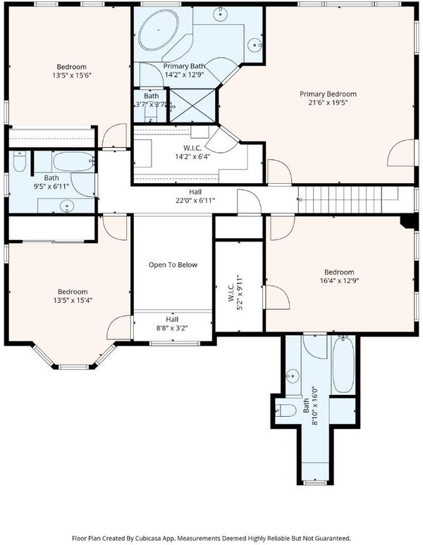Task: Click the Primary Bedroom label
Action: (x=328, y=94)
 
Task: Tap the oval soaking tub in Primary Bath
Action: (x=159, y=30)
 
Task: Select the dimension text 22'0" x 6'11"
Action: (x=195, y=200)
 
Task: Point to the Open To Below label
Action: (x=173, y=265)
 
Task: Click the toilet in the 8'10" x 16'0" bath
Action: (x=286, y=411)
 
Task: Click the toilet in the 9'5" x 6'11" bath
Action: (x=20, y=162)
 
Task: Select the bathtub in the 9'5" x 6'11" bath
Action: (x=74, y=161)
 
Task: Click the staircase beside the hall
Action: (x=348, y=200)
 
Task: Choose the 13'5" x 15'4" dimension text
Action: (x=73, y=300)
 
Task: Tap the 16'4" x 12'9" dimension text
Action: (x=339, y=280)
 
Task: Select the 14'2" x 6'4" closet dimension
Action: (x=192, y=156)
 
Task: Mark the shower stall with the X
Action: (x=193, y=106)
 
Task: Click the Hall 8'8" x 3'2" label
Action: (x=172, y=324)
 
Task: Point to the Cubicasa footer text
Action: (x=211, y=538)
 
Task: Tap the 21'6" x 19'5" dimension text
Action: (x=328, y=103)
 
